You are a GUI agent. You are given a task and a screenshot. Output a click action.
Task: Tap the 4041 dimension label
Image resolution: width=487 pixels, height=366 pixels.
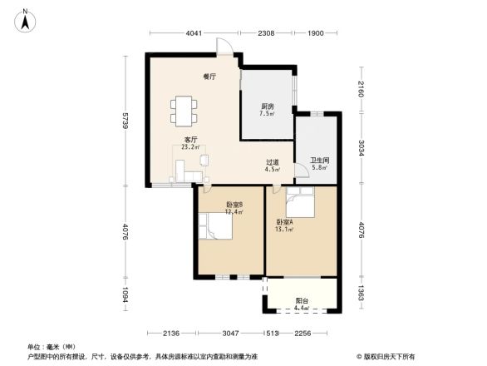pyautogui.click(x=194, y=34)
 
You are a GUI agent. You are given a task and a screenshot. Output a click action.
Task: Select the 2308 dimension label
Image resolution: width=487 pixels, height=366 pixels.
pyautogui.click(x=266, y=34)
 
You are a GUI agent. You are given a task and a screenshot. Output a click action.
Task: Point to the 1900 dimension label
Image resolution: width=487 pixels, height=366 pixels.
pyautogui.click(x=316, y=34)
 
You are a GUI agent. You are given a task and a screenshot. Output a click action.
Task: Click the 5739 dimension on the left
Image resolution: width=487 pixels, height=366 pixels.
pyautogui.click(x=123, y=121)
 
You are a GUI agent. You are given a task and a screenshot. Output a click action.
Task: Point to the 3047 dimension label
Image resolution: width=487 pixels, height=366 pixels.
pyautogui.click(x=230, y=334)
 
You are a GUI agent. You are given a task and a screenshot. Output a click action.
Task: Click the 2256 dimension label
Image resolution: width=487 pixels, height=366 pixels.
pyautogui.click(x=303, y=334)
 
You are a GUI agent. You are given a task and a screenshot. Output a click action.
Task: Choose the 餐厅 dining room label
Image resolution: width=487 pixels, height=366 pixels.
pyautogui.click(x=209, y=77)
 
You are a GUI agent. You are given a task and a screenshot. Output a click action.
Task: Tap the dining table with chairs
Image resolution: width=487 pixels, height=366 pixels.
pyautogui.click(x=184, y=107)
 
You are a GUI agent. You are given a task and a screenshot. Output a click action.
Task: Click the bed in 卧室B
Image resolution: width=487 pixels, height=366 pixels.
pyautogui.click(x=219, y=225)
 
